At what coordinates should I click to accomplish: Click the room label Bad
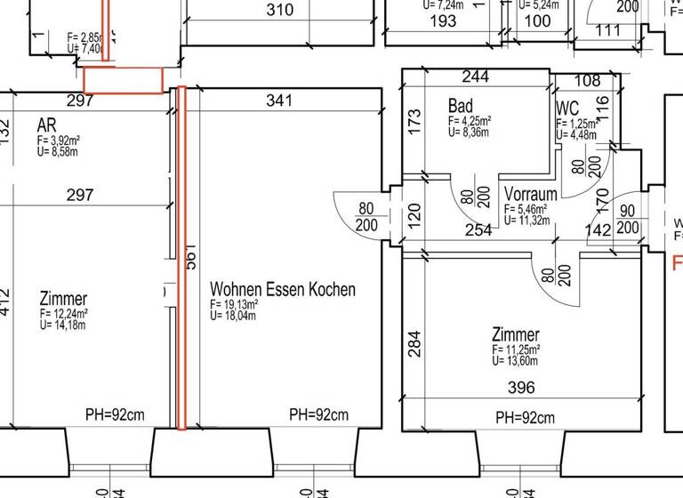pyautogui.click(x=461, y=107)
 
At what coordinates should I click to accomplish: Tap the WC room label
pyautogui.click(x=567, y=108)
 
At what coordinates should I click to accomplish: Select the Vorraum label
pyautogui.click(x=531, y=194)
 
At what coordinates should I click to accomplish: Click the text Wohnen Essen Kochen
pyautogui.click(x=282, y=289)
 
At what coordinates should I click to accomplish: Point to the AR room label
pyautogui.click(x=47, y=124)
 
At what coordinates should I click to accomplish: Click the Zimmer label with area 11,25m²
pyautogui.click(x=516, y=334)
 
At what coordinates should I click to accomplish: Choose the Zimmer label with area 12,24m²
pyautogui.click(x=63, y=299)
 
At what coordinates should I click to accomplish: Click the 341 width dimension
pyautogui.click(x=279, y=101)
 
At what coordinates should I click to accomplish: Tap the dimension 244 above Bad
pyautogui.click(x=476, y=77)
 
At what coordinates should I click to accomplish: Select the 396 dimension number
pyautogui.click(x=521, y=387)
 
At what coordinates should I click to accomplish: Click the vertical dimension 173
pyautogui.click(x=413, y=121)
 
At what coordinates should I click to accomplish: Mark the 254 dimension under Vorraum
pyautogui.click(x=478, y=231)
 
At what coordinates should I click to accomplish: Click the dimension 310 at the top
pyautogui.click(x=280, y=11)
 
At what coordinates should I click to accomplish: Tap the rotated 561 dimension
pyautogui.click(x=189, y=258)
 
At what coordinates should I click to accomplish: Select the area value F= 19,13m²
pyautogui.click(x=234, y=304)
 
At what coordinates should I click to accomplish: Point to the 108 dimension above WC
pyautogui.click(x=588, y=80)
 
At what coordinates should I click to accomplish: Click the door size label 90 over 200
pyautogui.click(x=627, y=219)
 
